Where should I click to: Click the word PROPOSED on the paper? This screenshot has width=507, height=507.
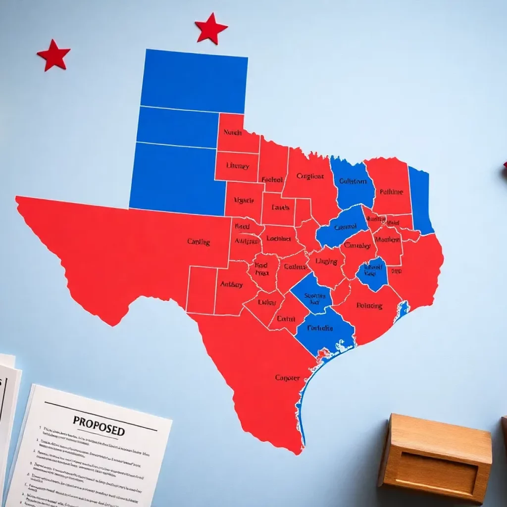click(99, 426)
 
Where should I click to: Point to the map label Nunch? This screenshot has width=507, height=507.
click(232, 133)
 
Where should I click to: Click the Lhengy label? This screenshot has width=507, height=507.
click(237, 166)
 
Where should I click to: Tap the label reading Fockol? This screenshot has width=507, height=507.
click(272, 180)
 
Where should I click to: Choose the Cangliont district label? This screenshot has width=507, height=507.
click(310, 176)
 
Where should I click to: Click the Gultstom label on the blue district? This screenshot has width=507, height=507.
click(354, 181)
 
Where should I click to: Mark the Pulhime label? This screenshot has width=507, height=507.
click(391, 192)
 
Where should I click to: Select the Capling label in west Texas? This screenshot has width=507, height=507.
click(199, 242)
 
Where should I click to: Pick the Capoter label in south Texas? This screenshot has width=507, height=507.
click(287, 378)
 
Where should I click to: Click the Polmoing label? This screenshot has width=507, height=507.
click(369, 305)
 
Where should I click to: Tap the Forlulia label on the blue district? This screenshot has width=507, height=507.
click(320, 328)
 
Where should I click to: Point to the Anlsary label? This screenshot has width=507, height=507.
click(231, 285)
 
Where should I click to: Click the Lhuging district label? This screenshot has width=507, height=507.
click(326, 261)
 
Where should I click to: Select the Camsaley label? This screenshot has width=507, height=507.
click(357, 246)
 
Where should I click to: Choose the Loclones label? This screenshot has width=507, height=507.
click(278, 238)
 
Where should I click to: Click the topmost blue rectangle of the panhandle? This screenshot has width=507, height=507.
click(194, 81)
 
